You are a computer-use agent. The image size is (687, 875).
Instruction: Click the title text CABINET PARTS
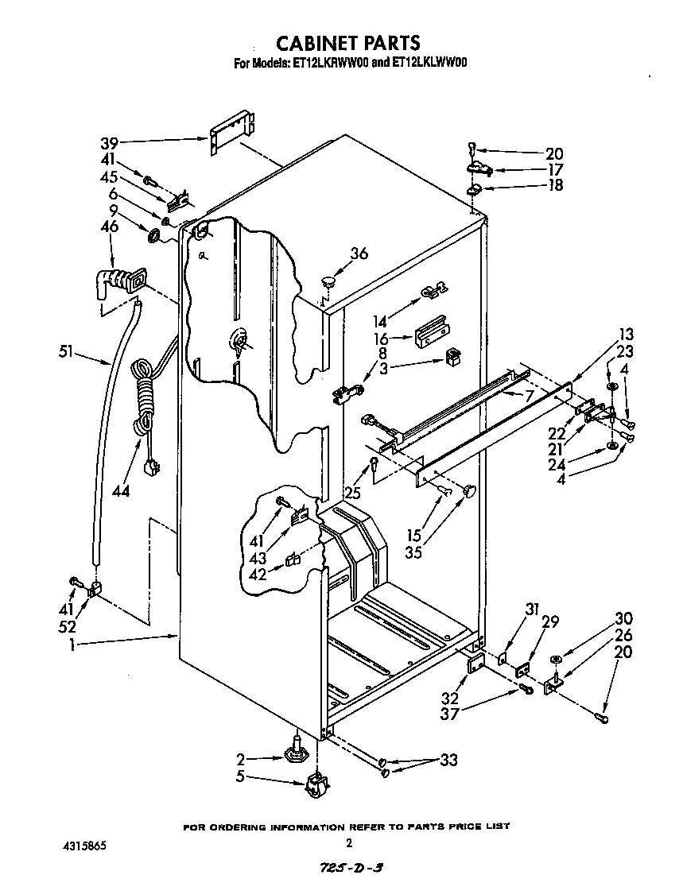point(347,42)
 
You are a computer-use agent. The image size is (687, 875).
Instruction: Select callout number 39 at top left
point(109,143)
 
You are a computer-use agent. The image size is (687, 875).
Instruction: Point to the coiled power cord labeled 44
point(144,397)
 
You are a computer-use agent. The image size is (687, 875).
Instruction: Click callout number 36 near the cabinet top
point(359,254)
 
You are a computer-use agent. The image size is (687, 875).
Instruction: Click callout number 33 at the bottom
point(448,761)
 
